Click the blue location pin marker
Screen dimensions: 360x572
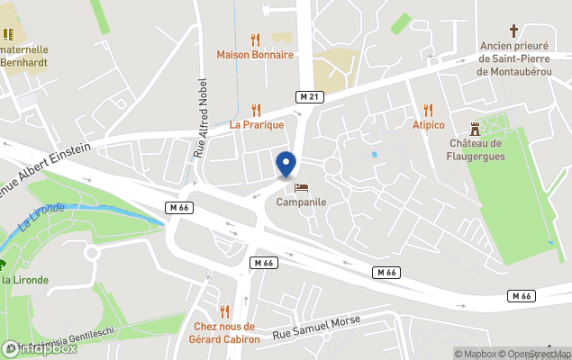coord(286,165)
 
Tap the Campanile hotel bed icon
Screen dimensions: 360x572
coord(301,187)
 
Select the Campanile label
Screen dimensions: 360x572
coord(301,202)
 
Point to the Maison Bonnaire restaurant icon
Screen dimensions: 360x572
coord(255,40)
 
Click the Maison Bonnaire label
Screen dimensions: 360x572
coord(255,55)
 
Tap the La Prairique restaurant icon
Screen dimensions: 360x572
coord(257,110)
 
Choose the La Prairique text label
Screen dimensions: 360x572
coord(257,125)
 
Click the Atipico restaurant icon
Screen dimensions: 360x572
coord(430,110)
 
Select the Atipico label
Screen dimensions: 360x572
coord(430,125)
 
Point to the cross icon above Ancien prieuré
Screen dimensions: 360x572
coord(514,31)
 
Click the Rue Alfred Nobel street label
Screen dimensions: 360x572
coord(200,113)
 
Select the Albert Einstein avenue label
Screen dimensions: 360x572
coord(45,158)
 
